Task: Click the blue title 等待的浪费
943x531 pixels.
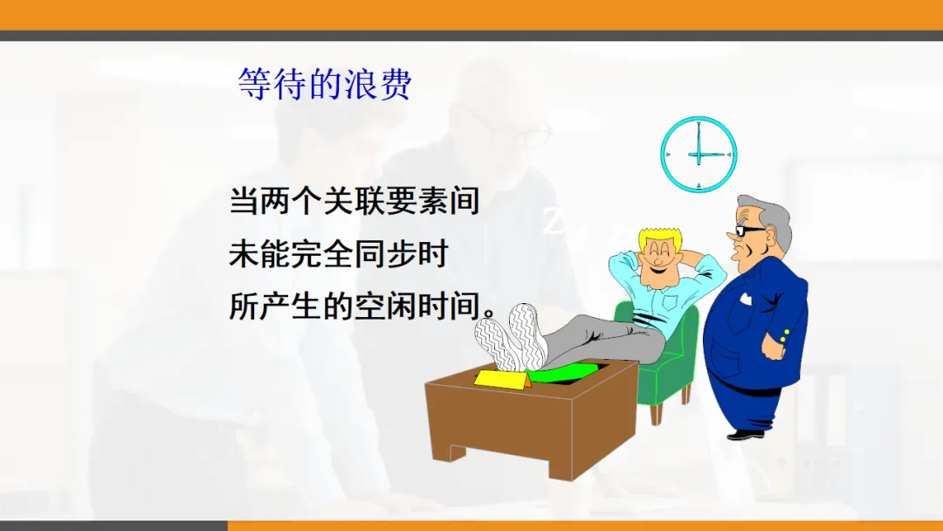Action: tap(325, 84)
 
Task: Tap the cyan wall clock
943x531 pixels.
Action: tap(699, 155)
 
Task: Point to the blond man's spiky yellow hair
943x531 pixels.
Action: tap(660, 237)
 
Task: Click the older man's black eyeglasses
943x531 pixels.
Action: tap(747, 231)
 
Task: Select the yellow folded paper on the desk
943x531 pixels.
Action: tap(503, 379)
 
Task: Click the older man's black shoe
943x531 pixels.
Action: tap(746, 434)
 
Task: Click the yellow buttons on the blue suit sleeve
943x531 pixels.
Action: tap(784, 335)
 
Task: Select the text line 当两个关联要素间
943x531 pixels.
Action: tap(354, 201)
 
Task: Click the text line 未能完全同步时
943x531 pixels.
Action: tap(339, 254)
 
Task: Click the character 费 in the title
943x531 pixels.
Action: tap(396, 84)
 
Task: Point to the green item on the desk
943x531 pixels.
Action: tap(562, 374)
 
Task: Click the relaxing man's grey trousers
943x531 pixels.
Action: tap(602, 341)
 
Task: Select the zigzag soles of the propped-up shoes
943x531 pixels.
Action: tap(511, 335)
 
